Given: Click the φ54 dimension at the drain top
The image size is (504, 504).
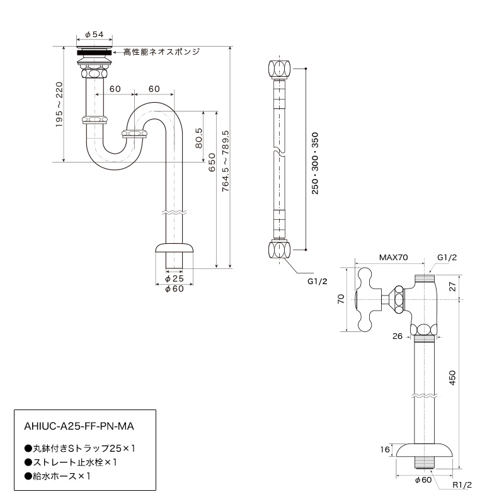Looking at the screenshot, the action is tap(94, 35).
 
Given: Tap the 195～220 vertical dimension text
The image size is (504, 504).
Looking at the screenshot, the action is tap(59, 105).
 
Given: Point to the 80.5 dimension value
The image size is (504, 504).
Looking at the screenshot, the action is tap(198, 138).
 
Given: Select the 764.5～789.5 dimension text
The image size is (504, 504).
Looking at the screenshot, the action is tap(226, 161).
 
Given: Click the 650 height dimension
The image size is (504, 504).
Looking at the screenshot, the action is tap(212, 163).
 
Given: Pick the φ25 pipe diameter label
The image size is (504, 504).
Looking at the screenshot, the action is tap(175, 278).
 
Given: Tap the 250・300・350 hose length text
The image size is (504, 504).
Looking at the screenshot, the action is tap(315, 163).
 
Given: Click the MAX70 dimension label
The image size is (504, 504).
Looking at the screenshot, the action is tap(393, 258).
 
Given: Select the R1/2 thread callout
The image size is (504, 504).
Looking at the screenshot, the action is tap(462, 484).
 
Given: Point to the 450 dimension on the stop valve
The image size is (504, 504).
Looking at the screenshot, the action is tap(452, 378).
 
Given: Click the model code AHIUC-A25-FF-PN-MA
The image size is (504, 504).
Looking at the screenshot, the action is tap(79, 427).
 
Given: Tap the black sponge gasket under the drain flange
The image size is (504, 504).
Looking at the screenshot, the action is tap(94, 52).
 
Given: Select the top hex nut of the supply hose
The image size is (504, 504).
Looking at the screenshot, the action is tap(279, 69).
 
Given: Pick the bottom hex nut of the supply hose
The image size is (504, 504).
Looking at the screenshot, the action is tap(279, 249).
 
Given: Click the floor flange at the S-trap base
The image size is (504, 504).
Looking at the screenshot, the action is tap(175, 248).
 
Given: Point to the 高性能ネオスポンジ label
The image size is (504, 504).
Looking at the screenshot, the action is tap(162, 52).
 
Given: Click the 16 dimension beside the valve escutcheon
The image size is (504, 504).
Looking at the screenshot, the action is tap(385, 449).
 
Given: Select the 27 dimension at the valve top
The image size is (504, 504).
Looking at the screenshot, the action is tap(452, 287).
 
